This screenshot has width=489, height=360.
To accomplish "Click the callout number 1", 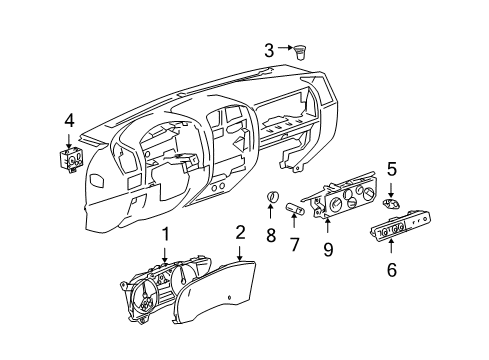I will tap(166, 261).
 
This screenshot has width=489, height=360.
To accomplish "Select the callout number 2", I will tap(240, 261).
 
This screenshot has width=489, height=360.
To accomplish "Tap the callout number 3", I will tap(269, 49).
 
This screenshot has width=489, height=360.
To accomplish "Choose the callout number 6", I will tap(391, 269).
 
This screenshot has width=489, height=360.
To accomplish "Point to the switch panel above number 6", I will tap(392, 236).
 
